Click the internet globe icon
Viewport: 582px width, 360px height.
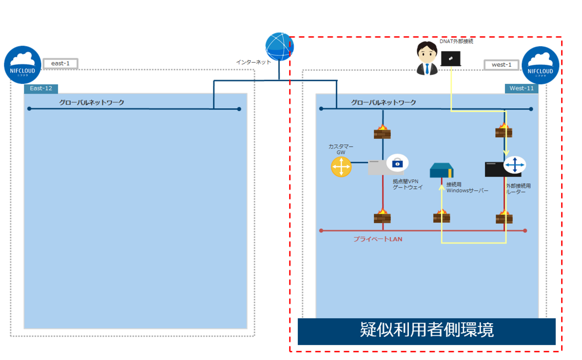279,47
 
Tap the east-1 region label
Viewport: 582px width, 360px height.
61,63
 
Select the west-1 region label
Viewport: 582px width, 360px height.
501,65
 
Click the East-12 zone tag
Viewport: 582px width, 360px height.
41,88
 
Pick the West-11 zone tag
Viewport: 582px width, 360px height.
522,88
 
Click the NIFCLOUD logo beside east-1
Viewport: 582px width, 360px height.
23,65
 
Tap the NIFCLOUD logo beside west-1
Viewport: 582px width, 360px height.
540,65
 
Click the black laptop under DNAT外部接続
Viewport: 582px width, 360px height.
451,58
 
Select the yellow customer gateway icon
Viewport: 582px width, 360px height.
341,166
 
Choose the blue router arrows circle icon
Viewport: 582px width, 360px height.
514,165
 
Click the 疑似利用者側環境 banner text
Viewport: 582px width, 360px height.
426,330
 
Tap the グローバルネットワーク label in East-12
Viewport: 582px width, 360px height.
92,102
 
